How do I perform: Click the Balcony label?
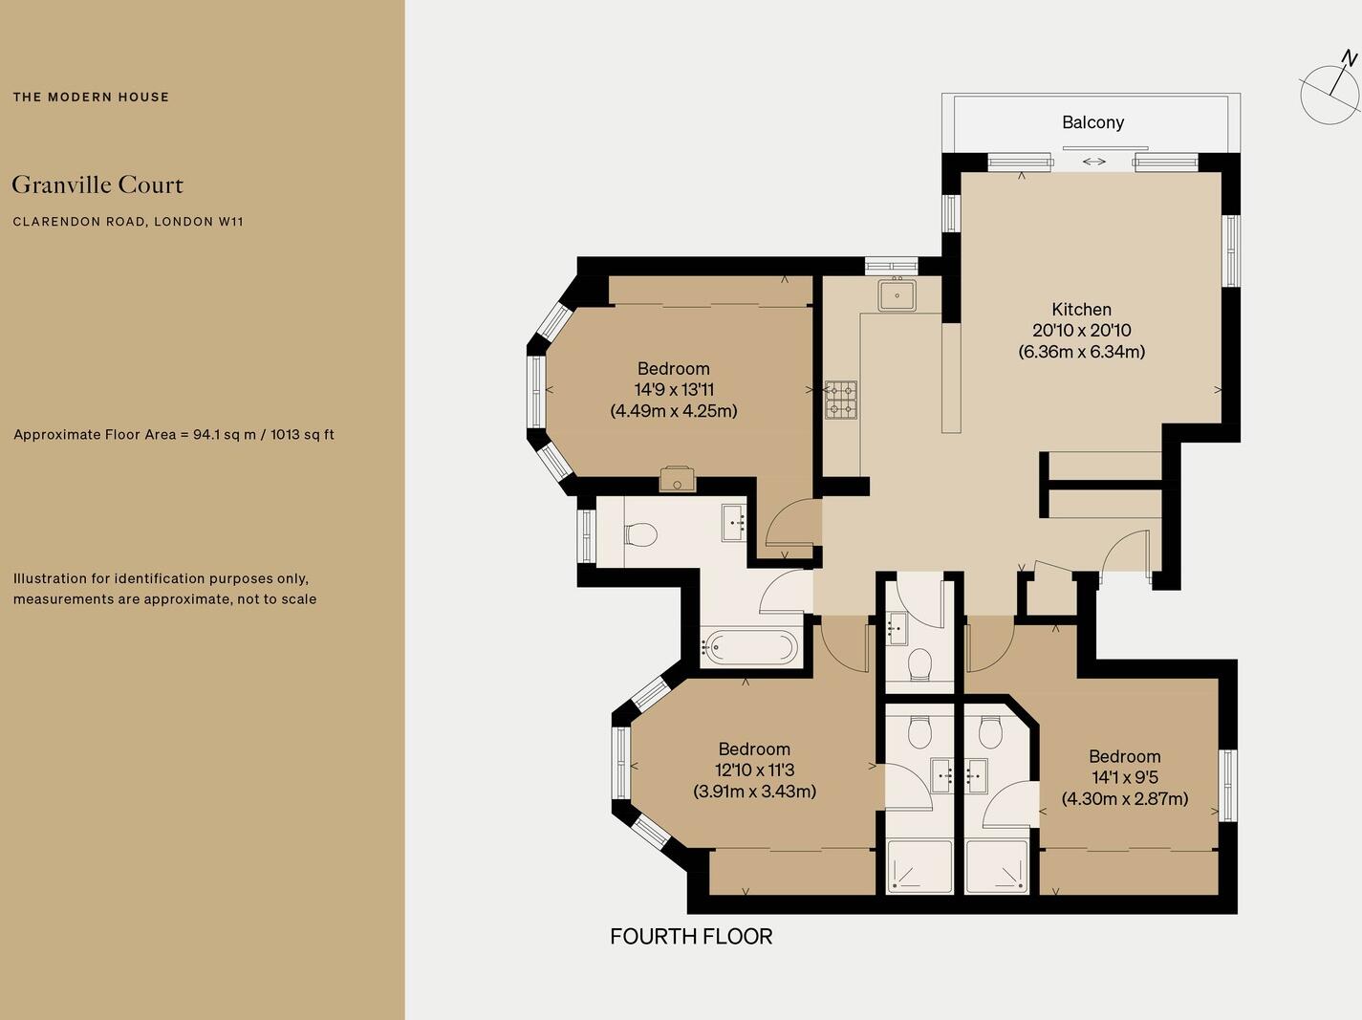click(x=1092, y=122)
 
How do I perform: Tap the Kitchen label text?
click(x=1081, y=309)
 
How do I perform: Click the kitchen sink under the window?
click(x=897, y=294)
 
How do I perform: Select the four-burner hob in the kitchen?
click(x=841, y=400)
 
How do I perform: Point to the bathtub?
click(x=749, y=648)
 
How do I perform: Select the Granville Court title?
click(x=97, y=184)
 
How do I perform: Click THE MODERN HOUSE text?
click(x=91, y=97)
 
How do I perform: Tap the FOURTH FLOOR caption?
click(x=691, y=936)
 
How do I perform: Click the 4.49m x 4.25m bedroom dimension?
click(x=673, y=411)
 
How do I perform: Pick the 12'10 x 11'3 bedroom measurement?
click(x=754, y=770)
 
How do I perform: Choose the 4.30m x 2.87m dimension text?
click(x=1124, y=798)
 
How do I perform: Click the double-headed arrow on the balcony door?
click(x=1094, y=162)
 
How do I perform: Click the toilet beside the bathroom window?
click(x=640, y=534)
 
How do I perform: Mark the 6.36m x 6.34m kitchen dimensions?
click(x=1081, y=351)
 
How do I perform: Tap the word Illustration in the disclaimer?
click(x=51, y=578)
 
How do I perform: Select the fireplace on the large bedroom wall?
click(x=678, y=478)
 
